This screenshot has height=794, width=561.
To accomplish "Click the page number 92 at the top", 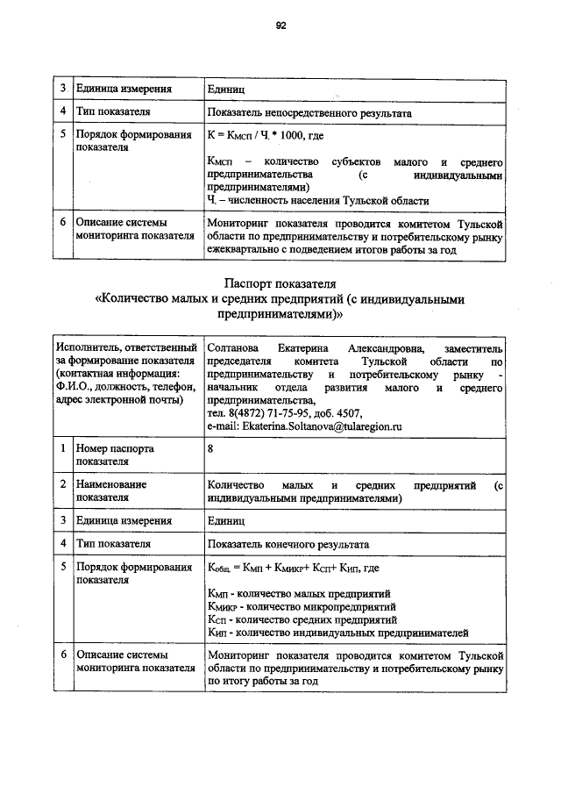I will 280,26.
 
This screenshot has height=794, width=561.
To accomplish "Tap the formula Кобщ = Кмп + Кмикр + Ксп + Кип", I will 293,569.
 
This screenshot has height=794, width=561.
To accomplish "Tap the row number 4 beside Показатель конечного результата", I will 63,544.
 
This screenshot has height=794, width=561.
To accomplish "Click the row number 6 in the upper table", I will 63,223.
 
